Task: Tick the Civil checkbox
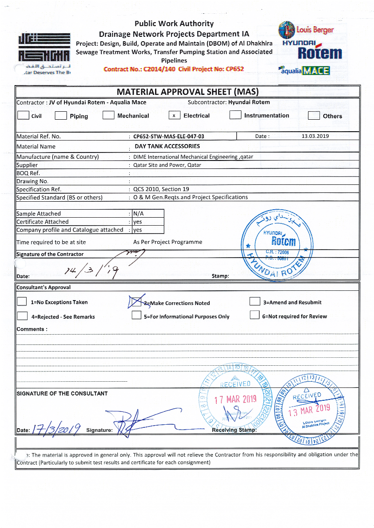tap(22, 115)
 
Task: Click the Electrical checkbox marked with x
tap(174, 115)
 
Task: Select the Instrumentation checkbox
tap(235, 115)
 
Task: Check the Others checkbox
tap(314, 116)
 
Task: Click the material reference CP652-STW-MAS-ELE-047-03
tap(169, 137)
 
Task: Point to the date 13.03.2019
tap(315, 136)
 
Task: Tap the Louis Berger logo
tap(306, 30)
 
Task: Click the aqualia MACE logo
tap(304, 70)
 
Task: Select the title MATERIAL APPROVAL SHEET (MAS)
tap(187, 92)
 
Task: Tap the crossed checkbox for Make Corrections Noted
tap(134, 302)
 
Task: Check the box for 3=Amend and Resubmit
tap(255, 301)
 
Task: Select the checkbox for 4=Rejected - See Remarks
tap(22, 316)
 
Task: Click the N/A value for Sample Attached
tap(138, 214)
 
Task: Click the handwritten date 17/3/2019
tap(57, 428)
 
